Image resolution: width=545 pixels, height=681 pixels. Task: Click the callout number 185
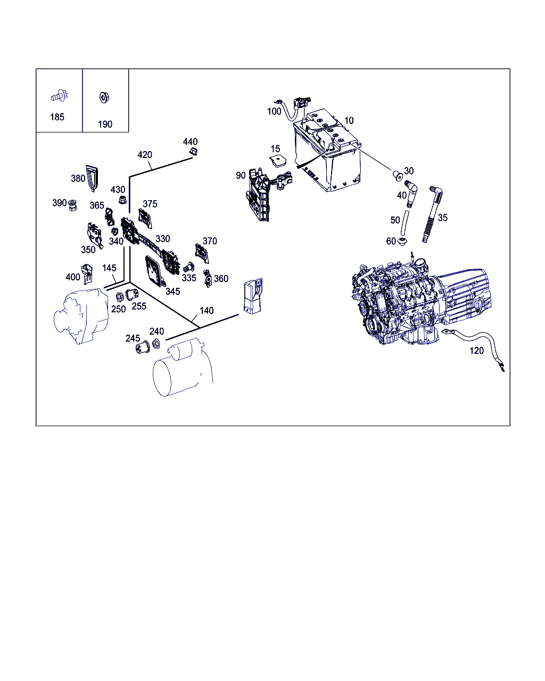[57, 117]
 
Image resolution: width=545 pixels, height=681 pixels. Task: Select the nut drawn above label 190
[104, 98]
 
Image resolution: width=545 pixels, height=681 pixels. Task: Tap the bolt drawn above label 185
[58, 97]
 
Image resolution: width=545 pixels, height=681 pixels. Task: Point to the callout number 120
[477, 351]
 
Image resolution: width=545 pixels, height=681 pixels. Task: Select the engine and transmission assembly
[420, 303]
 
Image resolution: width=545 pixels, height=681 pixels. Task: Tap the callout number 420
[145, 155]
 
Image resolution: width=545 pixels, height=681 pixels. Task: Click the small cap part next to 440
[194, 153]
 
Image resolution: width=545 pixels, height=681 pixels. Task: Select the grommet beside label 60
[403, 243]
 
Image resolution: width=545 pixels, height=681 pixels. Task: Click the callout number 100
[274, 111]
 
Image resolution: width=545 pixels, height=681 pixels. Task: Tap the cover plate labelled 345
[155, 272]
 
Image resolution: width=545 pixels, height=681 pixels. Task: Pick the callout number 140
[207, 311]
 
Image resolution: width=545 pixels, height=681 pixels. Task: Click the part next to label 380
[93, 177]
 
